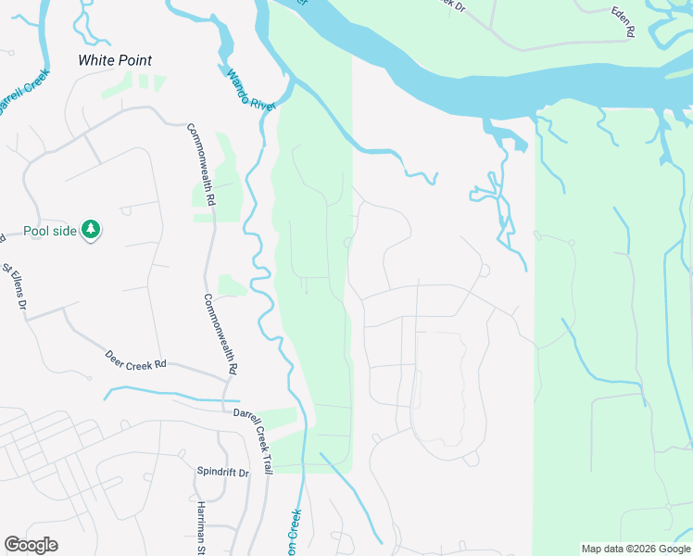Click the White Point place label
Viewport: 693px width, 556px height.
pos(115,60)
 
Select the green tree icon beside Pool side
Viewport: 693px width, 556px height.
pos(90,229)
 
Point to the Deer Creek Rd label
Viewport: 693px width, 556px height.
pos(134,359)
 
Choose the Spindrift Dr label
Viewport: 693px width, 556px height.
pos(223,472)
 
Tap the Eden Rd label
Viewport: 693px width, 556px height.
pos(623,21)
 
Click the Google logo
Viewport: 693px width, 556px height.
pos(31,544)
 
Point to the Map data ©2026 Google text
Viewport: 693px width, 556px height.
pos(635,549)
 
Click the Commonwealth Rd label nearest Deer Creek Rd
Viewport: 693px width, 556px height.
pos(220,334)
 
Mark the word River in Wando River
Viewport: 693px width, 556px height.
pos(263,101)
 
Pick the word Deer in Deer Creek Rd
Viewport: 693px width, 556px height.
pos(115,354)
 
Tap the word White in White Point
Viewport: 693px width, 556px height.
pos(96,60)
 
